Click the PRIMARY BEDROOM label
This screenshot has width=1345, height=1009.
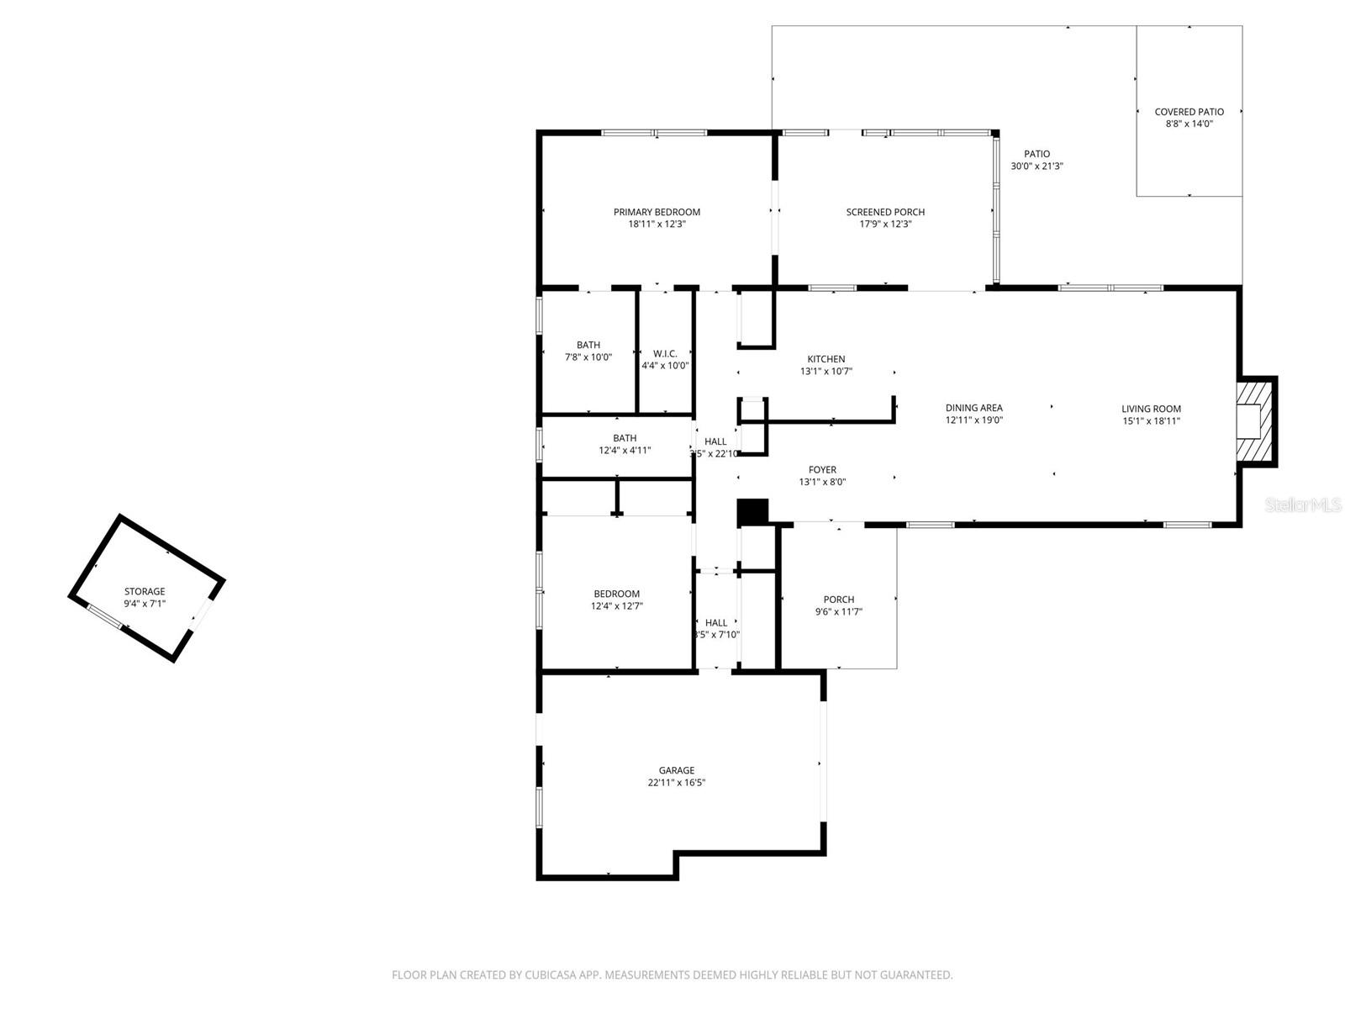(657, 212)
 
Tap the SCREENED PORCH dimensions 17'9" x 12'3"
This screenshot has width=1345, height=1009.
(885, 225)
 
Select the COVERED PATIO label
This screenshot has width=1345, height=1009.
(1189, 112)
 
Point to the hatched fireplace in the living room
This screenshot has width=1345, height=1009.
(1257, 420)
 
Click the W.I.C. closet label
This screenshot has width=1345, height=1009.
(665, 354)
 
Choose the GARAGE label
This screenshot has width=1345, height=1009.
(677, 770)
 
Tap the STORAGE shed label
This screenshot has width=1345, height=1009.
(145, 592)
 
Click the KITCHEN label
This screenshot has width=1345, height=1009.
(826, 359)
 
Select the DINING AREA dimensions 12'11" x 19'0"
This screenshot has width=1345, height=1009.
(973, 420)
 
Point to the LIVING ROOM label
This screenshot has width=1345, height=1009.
(1151, 409)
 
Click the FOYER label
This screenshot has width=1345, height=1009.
(822, 470)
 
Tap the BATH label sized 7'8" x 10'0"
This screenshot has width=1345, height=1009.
(588, 346)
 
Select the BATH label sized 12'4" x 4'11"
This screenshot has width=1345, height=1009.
(625, 438)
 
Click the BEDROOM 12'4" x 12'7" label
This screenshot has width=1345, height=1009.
(617, 594)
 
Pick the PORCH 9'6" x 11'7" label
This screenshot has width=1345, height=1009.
(839, 600)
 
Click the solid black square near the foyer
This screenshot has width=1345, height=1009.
(752, 512)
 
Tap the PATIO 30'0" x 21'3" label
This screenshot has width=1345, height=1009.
(1036, 154)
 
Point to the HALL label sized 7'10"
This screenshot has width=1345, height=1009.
(716, 623)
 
